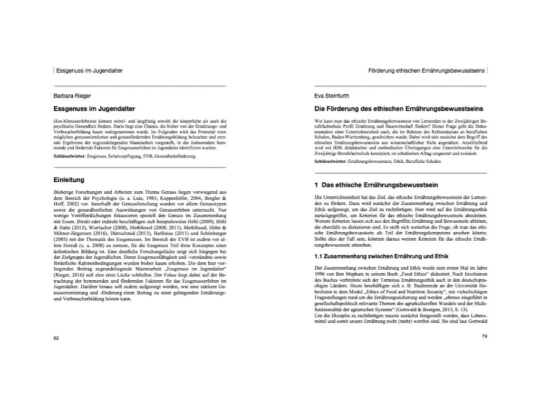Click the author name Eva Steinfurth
(329, 96)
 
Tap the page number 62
(56, 338)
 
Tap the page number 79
(485, 337)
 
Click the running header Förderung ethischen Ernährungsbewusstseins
(426, 70)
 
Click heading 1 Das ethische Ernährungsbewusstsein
(376, 185)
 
